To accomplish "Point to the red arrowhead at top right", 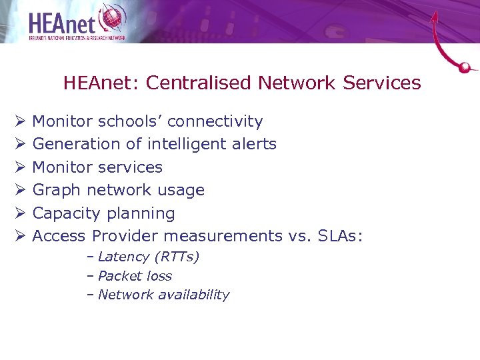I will (435, 16).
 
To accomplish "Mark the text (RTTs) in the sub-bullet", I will (176, 257).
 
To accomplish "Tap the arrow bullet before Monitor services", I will (20, 167).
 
